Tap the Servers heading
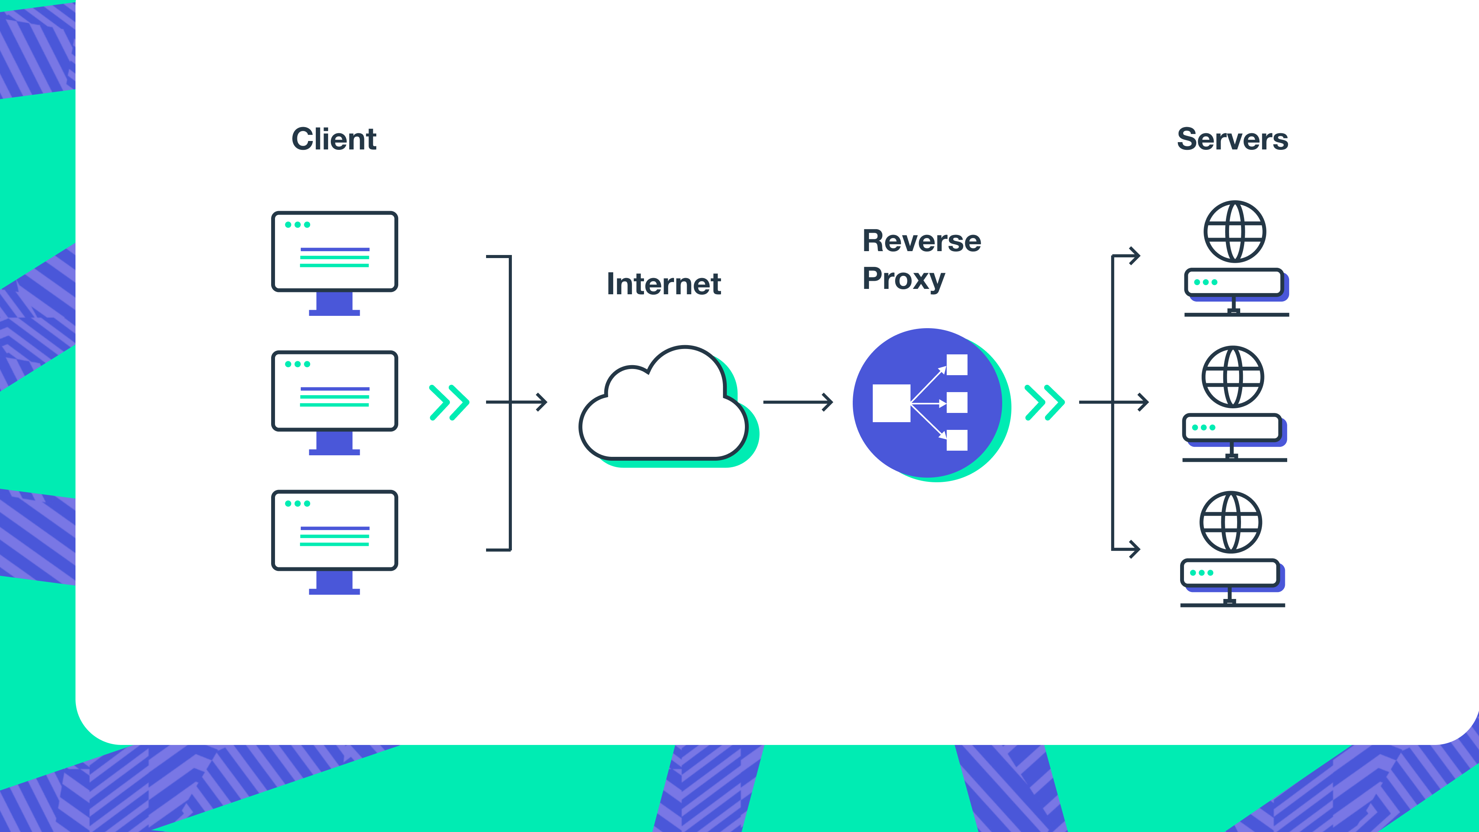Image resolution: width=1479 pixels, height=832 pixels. click(1232, 139)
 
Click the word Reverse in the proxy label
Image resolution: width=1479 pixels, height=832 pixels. click(922, 241)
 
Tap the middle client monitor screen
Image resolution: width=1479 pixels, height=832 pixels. click(334, 391)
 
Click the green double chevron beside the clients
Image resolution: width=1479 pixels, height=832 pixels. click(449, 403)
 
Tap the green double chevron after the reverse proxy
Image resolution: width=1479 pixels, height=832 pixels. click(1045, 403)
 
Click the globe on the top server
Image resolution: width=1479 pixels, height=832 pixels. click(1234, 231)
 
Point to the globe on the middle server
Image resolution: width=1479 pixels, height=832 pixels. click(1232, 377)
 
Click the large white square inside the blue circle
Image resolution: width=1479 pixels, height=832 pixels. click(891, 403)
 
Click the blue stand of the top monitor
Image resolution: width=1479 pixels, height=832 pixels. click(334, 303)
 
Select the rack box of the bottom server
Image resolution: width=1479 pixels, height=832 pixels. click(1229, 572)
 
